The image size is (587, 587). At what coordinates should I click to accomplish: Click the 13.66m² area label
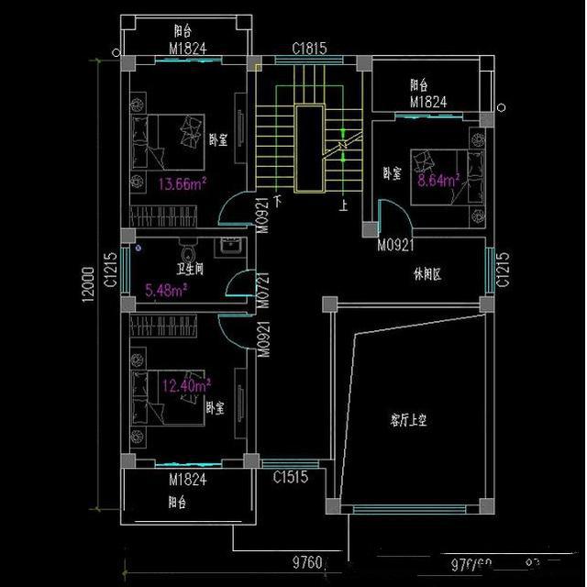point(182,183)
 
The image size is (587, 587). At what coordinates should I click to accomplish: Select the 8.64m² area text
point(437,181)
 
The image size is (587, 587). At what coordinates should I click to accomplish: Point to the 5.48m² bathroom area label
point(166,291)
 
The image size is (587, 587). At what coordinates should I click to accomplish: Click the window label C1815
point(310,48)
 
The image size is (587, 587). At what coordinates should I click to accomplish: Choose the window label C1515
point(291,476)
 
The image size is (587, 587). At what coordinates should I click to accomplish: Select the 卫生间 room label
point(190,271)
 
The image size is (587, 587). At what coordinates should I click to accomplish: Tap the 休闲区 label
point(427,274)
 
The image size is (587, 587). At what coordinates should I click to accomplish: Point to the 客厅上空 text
point(409,421)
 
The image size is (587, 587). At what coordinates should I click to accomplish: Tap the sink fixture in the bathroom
point(230,246)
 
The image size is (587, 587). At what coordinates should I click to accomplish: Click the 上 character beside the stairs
point(343,205)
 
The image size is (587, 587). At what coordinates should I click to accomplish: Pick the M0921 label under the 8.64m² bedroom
point(396,245)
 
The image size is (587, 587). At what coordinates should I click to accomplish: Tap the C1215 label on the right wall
point(503,271)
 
